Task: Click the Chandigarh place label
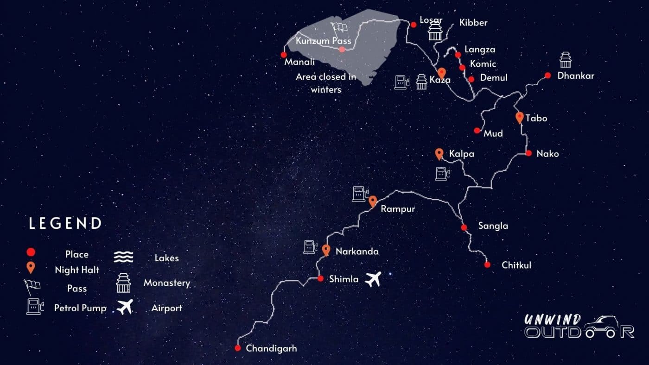point(271,348)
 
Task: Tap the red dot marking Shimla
point(320,278)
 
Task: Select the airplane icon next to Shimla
point(373,279)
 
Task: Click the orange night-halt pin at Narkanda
point(326,250)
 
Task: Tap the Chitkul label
point(516,265)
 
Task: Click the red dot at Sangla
point(464,227)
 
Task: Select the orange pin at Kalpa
point(439,154)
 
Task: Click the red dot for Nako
point(528,153)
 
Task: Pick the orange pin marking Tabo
point(519,117)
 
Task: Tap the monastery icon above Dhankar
point(565,59)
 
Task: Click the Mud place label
point(493,133)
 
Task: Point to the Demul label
point(494,78)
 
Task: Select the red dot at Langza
point(458,55)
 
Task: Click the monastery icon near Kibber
point(434,31)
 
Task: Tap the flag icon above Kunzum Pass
point(339,27)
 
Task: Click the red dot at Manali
point(284,55)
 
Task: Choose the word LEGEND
point(65,223)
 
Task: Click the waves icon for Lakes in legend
point(124,257)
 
